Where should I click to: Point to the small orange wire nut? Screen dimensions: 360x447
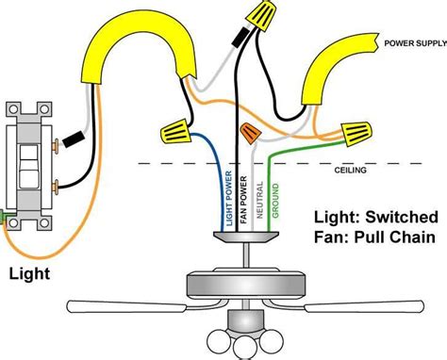pyautogui.click(x=250, y=133)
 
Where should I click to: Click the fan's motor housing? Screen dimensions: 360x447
pyautogui.click(x=246, y=283)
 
